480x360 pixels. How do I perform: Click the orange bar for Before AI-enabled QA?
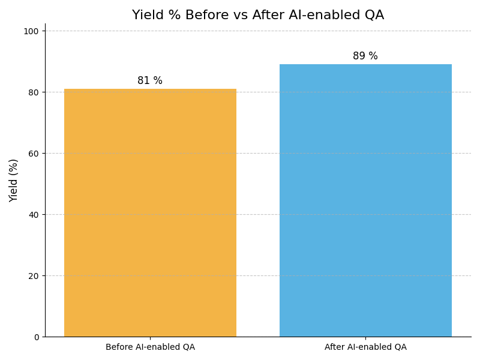[x=150, y=213]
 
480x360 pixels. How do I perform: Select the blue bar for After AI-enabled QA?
[x=365, y=200]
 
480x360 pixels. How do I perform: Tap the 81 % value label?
[x=150, y=81]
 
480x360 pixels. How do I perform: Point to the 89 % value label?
[x=365, y=56]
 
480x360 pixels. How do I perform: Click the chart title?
[x=258, y=16]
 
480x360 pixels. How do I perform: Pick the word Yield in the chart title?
[x=146, y=16]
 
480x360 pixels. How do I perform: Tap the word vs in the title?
[x=241, y=16]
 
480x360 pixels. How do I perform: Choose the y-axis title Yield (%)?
[x=14, y=180]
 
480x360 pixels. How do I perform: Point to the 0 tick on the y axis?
[x=36, y=337]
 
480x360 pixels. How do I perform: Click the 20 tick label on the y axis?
[x=34, y=276]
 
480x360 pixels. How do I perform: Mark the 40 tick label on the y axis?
[x=34, y=215]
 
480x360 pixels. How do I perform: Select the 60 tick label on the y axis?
[x=34, y=154]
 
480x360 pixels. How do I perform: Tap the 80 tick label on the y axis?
[x=34, y=92]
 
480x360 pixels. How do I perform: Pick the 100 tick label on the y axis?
[x=31, y=31]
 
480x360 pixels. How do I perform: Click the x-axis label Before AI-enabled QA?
[x=150, y=347]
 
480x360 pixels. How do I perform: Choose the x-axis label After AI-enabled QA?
[x=365, y=347]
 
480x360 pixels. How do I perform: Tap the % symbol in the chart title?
[x=174, y=16]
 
